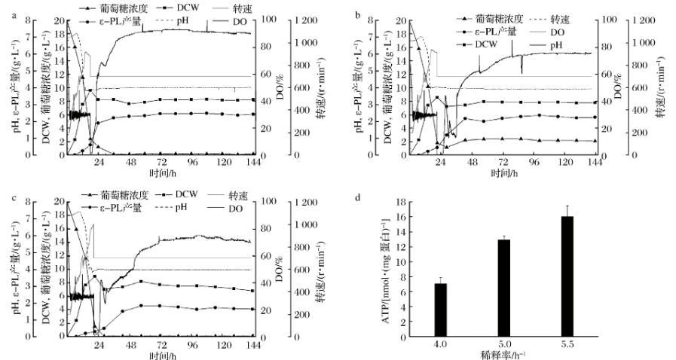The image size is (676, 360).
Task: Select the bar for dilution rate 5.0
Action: click(x=504, y=288)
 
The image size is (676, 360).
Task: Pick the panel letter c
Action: click(x=6, y=197)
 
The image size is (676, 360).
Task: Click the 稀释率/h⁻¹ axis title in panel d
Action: click(x=504, y=353)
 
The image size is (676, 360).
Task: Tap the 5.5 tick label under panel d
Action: click(x=567, y=343)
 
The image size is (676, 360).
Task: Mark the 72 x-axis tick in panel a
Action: click(x=160, y=162)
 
